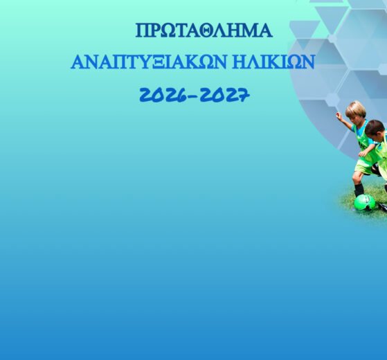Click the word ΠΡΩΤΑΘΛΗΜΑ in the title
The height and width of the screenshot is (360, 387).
tap(204, 30)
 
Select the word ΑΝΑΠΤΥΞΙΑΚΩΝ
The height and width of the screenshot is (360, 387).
tap(149, 62)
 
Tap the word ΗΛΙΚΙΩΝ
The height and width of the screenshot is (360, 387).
tap(273, 62)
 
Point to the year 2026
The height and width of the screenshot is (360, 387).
tap(163, 95)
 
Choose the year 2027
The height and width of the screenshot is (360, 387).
tap(224, 95)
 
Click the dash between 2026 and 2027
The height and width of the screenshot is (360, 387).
tap(193, 97)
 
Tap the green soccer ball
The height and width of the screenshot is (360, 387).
tap(365, 203)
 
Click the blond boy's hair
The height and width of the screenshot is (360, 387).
tap(356, 109)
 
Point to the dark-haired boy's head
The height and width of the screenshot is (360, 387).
tap(375, 130)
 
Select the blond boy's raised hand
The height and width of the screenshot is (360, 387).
tap(339, 116)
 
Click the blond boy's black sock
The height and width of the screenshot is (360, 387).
tap(359, 190)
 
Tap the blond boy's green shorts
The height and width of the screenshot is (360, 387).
tap(364, 165)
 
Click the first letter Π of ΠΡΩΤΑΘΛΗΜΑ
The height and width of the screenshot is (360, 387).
tap(142, 30)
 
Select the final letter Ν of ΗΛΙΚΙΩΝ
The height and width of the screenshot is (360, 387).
tap(308, 62)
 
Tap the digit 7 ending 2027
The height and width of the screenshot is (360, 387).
tap(244, 96)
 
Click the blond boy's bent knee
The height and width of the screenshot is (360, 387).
tap(356, 177)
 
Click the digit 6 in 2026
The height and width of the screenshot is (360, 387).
tap(181, 96)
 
